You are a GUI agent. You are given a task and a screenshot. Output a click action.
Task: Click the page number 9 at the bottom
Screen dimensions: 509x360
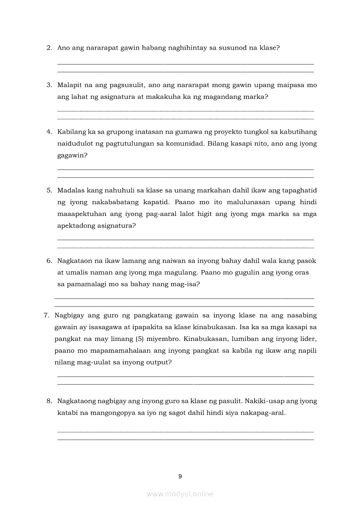(x=180, y=476)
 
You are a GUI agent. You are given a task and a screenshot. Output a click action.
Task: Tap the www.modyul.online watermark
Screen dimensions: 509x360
(x=180, y=494)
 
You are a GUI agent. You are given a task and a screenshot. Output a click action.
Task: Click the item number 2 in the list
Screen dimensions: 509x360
(x=49, y=48)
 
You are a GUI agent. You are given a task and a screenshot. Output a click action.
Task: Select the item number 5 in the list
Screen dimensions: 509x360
(x=49, y=190)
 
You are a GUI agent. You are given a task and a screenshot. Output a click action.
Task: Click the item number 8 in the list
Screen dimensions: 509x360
(x=49, y=401)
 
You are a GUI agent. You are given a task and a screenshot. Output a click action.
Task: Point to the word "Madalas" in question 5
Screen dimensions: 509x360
(x=71, y=190)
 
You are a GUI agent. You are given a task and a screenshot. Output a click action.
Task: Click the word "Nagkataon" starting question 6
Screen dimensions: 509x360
(x=75, y=261)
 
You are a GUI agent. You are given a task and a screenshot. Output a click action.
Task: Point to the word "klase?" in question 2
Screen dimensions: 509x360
(x=268, y=48)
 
